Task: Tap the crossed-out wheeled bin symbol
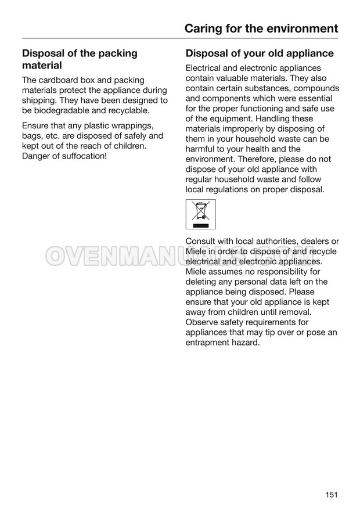click(200, 214)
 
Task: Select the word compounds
click(316, 88)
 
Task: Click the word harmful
click(201, 149)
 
